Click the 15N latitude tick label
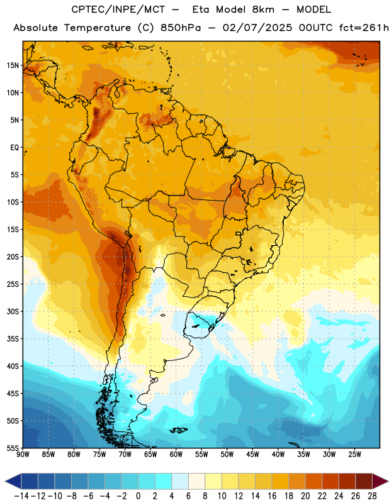pyautogui.click(x=13, y=65)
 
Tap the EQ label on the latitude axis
pyautogui.click(x=14, y=148)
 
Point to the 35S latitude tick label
pyautogui.click(x=13, y=339)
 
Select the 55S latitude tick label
pyautogui.click(x=13, y=448)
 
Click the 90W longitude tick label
pyautogui.click(x=23, y=454)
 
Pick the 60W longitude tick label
pyautogui.click(x=176, y=454)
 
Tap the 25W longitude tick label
pyautogui.click(x=354, y=454)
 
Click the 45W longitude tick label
pyautogui.click(x=252, y=454)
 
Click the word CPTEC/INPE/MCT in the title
pyautogui.click(x=118, y=9)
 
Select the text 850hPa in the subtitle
pyautogui.click(x=181, y=28)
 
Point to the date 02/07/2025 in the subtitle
pyautogui.click(x=257, y=28)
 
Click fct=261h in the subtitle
pyautogui.click(x=364, y=28)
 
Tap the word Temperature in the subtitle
pyautogui.click(x=98, y=28)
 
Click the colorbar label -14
pyautogui.click(x=21, y=496)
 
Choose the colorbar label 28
pyautogui.click(x=372, y=496)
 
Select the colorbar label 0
pyautogui.click(x=138, y=496)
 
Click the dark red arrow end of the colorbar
pyautogui.click(x=380, y=482)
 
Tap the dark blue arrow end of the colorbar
pyautogui.click(x=13, y=482)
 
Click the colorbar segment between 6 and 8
pyautogui.click(x=197, y=482)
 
